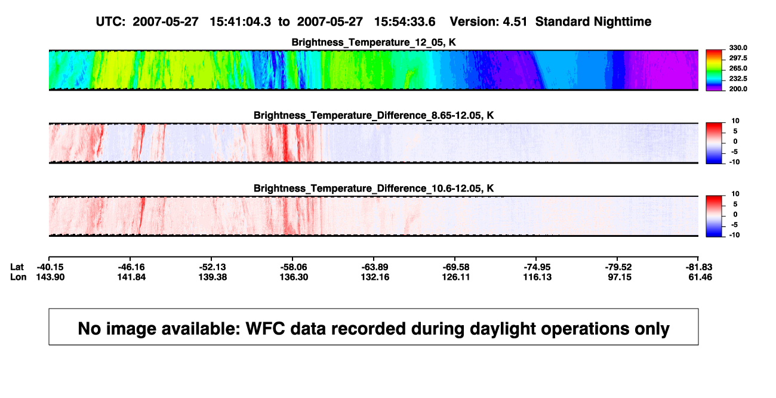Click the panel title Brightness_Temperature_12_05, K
point(374,42)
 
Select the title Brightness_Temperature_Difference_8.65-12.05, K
point(374,115)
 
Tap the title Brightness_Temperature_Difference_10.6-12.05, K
point(374,189)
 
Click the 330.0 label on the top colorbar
point(738,48)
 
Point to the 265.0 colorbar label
point(738,68)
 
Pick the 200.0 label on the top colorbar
point(738,89)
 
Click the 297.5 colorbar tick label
point(738,58)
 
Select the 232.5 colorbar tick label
point(738,79)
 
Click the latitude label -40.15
point(50,267)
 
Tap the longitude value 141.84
point(131,277)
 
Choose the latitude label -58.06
point(294,267)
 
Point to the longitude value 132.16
point(375,277)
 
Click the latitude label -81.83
point(699,267)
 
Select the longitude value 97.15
point(620,277)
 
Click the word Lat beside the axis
point(17,267)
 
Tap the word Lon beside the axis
point(18,277)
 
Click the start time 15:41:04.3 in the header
point(241,21)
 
